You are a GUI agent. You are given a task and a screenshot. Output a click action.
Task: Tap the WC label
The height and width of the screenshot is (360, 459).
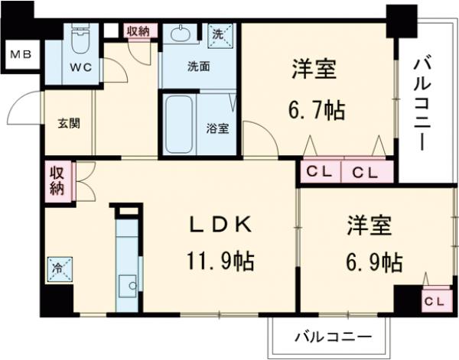(82, 66)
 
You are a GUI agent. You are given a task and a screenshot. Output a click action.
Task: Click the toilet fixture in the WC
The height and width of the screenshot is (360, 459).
(80, 38)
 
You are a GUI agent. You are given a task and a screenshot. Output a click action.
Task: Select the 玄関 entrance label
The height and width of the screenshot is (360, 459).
(68, 123)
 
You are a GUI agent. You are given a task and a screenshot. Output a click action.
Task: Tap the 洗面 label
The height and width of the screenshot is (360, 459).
(199, 66)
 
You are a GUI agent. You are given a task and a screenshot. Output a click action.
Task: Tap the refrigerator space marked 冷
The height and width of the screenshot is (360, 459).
(58, 269)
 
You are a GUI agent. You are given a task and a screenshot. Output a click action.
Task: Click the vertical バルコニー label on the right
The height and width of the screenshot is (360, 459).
(422, 102)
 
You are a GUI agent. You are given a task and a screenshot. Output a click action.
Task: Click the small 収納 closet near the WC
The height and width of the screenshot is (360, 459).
(138, 31)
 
